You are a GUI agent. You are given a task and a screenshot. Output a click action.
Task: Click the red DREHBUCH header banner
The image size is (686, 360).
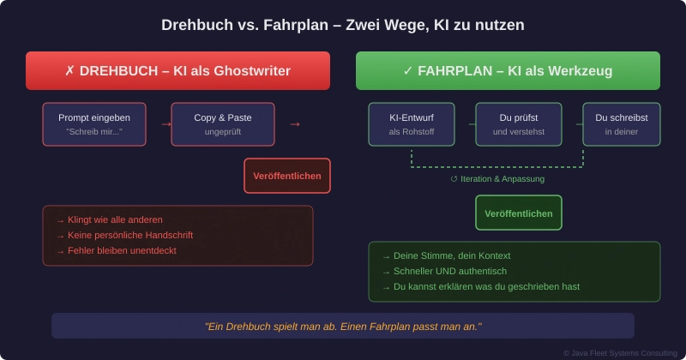[x=178, y=70]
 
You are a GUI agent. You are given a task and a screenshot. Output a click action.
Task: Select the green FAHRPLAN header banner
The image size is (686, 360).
[x=508, y=70]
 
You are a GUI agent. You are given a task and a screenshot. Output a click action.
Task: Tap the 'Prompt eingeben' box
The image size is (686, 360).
[x=94, y=124]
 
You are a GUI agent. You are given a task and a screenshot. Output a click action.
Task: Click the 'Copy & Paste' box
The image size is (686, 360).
[x=223, y=124]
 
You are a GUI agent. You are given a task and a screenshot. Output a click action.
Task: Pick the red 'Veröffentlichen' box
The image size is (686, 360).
[x=287, y=176]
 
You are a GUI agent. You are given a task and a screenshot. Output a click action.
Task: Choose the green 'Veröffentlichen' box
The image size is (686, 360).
[x=519, y=213]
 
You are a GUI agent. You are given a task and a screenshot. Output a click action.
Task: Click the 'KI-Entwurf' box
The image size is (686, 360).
[x=412, y=124]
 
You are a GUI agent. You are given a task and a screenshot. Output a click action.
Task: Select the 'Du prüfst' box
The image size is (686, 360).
[x=519, y=124]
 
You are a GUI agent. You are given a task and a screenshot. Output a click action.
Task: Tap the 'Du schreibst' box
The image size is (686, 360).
[x=622, y=124]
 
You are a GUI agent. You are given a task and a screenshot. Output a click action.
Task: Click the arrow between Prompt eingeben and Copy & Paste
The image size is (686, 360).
[x=166, y=124]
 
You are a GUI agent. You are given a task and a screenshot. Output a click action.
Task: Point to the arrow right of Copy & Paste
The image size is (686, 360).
[x=295, y=124]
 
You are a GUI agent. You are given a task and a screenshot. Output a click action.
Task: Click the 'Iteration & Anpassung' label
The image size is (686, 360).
[x=497, y=179]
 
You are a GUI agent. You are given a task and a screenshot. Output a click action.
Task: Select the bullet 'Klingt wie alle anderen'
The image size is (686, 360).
[x=109, y=219]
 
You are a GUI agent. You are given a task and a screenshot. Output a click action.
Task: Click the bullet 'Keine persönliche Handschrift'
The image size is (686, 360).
[x=124, y=235]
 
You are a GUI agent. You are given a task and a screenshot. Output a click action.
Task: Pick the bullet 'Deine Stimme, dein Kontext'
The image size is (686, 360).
[x=446, y=255]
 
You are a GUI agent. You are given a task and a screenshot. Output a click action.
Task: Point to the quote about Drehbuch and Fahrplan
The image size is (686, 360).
[x=343, y=326]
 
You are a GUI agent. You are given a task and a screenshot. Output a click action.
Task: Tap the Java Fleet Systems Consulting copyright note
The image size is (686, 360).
[x=620, y=353]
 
